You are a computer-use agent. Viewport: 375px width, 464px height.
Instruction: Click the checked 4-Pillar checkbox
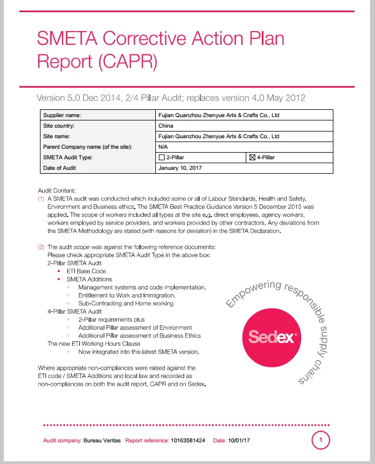click(x=252, y=158)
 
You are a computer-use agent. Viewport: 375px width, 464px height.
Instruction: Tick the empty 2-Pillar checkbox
click(x=161, y=158)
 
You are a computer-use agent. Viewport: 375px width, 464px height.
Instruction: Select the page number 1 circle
click(x=321, y=440)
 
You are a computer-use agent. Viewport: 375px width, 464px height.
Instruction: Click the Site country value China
click(x=166, y=125)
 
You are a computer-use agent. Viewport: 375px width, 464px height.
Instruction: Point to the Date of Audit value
click(x=180, y=168)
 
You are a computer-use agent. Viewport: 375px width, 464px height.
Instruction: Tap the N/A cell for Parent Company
click(x=163, y=147)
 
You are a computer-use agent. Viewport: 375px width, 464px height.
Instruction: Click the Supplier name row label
click(x=62, y=115)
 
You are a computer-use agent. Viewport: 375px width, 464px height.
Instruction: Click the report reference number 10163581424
click(x=188, y=441)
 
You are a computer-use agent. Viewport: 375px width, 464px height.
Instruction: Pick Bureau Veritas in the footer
click(x=102, y=441)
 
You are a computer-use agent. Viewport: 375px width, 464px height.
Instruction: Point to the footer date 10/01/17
click(x=239, y=441)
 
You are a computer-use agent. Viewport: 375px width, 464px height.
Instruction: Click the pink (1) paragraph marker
click(x=41, y=198)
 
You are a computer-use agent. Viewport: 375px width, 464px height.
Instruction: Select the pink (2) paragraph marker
click(x=41, y=246)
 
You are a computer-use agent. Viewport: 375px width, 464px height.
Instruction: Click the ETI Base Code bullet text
click(x=86, y=271)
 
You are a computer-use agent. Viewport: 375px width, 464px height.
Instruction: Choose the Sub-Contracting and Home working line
click(x=125, y=303)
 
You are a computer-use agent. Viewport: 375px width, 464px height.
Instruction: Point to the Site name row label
click(x=57, y=136)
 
